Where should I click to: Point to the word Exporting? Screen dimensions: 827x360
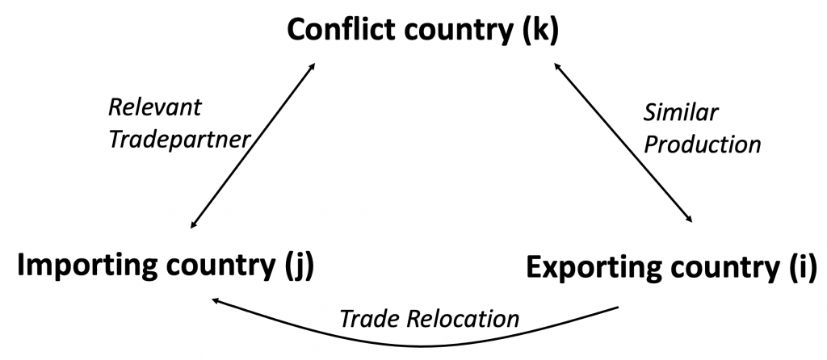coord(592,268)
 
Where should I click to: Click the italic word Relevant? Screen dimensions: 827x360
coord(154,107)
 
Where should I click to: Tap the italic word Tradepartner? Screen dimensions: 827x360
coord(179,140)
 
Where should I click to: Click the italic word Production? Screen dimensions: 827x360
coord(703,144)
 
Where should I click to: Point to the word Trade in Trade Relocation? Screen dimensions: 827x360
coord(366,319)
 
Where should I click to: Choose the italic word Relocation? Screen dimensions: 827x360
coord(460,319)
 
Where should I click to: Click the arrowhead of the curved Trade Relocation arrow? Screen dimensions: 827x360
coord(216,301)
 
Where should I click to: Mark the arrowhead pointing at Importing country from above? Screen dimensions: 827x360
coord(194,224)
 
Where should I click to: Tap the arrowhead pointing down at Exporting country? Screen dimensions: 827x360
coord(688,220)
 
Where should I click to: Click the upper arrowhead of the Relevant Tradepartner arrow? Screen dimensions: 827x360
coord(312,67)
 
